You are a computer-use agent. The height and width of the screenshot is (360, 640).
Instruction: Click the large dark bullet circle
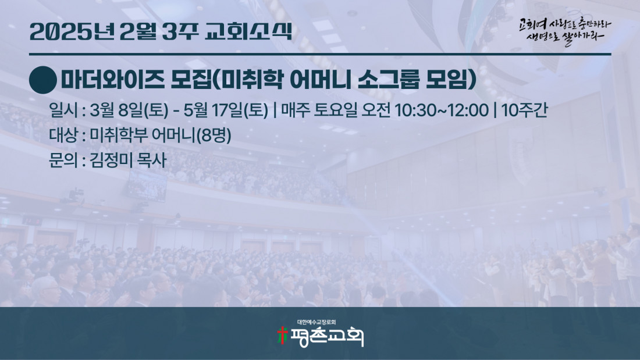(43, 80)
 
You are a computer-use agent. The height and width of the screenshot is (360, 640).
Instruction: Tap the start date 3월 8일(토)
(129, 110)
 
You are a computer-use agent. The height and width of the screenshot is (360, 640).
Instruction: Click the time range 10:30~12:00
(441, 110)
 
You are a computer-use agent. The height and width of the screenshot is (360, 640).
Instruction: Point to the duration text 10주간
(524, 110)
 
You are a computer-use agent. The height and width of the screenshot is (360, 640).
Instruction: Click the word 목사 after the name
(152, 160)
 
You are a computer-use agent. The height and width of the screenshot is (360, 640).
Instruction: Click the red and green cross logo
(282, 335)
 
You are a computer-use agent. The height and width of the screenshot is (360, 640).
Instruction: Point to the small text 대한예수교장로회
(317, 322)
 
